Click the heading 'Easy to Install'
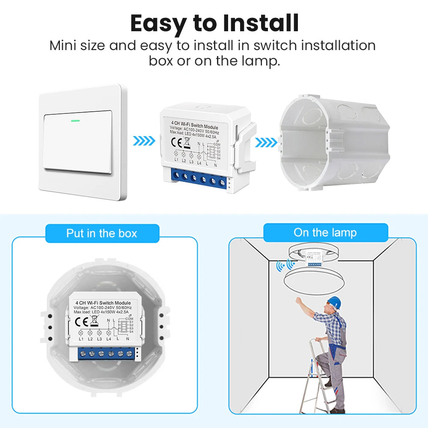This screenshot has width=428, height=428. (x=214, y=23)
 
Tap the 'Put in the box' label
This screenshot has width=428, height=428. (x=102, y=233)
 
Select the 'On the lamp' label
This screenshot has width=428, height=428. (x=325, y=232)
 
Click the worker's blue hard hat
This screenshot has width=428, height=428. (x=334, y=302)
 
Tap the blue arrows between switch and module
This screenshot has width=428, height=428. (x=144, y=140)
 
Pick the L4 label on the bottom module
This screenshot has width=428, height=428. (x=109, y=339)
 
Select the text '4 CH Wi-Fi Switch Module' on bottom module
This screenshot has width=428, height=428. (x=102, y=303)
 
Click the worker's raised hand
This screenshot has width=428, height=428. (x=298, y=300)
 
